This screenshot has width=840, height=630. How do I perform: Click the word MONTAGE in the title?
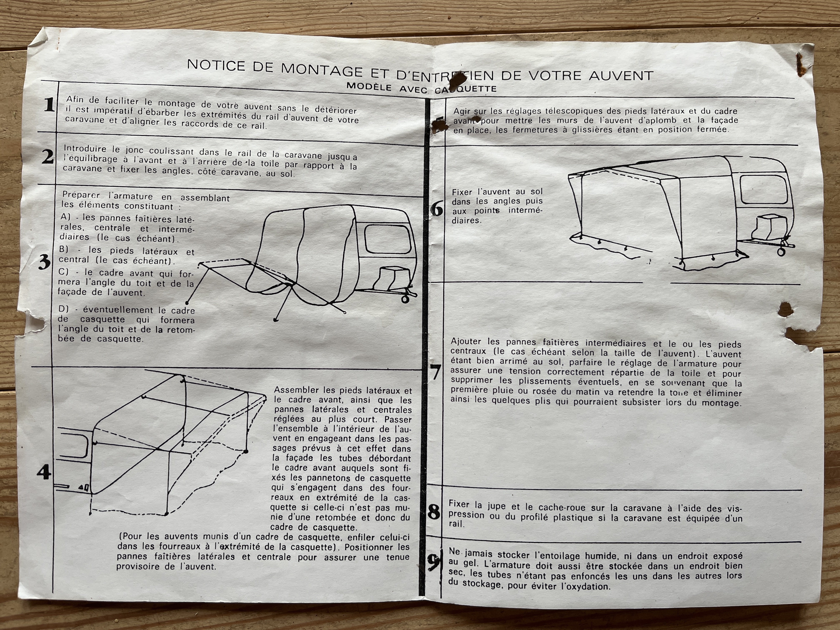pyautogui.click(x=322, y=70)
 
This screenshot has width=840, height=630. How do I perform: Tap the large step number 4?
pyautogui.click(x=44, y=472)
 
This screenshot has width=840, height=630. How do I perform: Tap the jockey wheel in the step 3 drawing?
pyautogui.click(x=405, y=299)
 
